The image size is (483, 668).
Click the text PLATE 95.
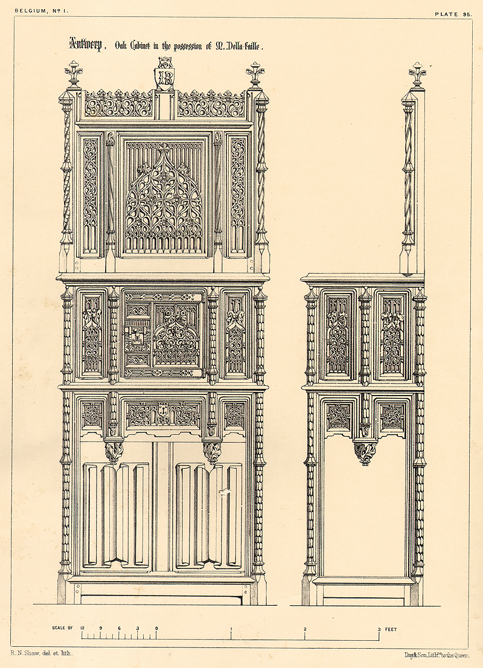pyautogui.click(x=453, y=14)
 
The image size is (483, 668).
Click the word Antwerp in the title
pyautogui.click(x=86, y=44)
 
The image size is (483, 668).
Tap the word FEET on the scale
pyautogui.click(x=391, y=629)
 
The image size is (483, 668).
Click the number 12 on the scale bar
pyautogui.click(x=82, y=628)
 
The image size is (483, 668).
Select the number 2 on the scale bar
pyautogui.click(x=305, y=629)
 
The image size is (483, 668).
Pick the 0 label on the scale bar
pyautogui.click(x=156, y=628)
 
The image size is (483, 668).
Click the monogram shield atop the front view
pyautogui.click(x=164, y=74)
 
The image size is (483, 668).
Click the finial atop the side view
pyautogui.click(x=417, y=75)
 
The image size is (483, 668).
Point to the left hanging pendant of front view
pyautogui.click(x=114, y=453)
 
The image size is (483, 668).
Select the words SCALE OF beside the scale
pyautogui.click(x=63, y=628)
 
